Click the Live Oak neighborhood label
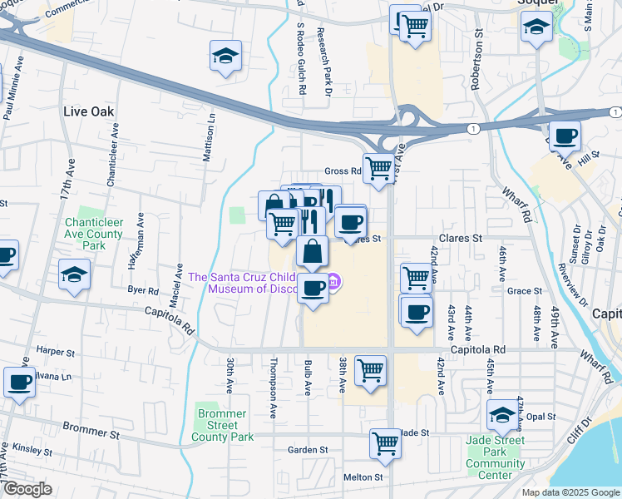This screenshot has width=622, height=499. pyautogui.click(x=88, y=111)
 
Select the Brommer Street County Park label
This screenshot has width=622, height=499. pyautogui.click(x=222, y=425)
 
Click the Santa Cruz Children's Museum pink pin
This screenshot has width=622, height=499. pyautogui.click(x=333, y=283)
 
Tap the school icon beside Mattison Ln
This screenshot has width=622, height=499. pyautogui.click(x=225, y=57)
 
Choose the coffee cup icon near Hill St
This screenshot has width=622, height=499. pyautogui.click(x=565, y=136)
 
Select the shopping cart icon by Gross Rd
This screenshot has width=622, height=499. pyautogui.click(x=379, y=168)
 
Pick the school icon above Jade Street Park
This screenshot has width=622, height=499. pyautogui.click(x=502, y=414)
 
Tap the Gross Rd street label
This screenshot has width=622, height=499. pyautogui.click(x=342, y=170)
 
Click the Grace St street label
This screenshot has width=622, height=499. pyautogui.click(x=525, y=291)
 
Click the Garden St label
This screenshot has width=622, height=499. pyautogui.click(x=308, y=450)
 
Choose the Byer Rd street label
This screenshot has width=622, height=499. pyautogui.click(x=142, y=291)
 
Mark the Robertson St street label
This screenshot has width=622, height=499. pyautogui.click(x=477, y=62)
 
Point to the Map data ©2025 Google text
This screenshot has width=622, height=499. pyautogui.click(x=570, y=492)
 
